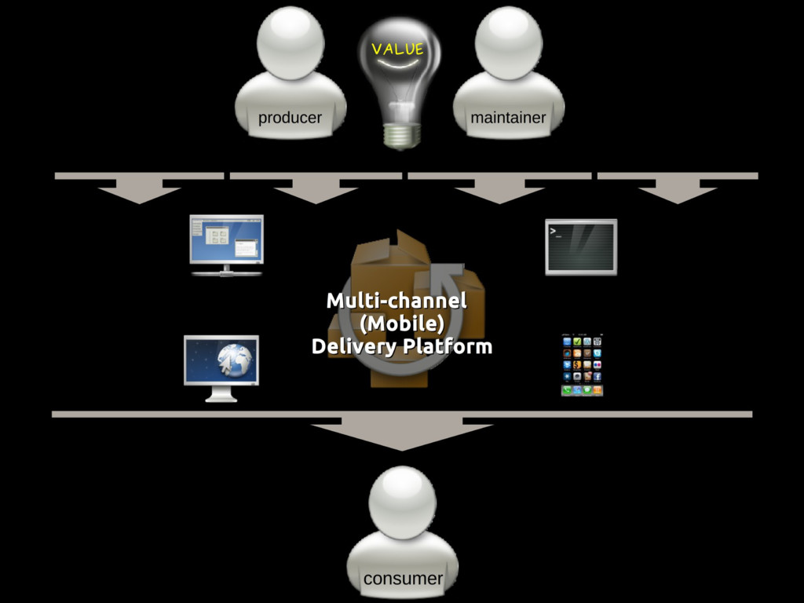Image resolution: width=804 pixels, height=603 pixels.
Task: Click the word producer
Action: (x=290, y=118)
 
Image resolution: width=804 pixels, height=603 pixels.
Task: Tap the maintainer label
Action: (x=508, y=118)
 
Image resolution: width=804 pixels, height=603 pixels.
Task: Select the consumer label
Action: (x=403, y=579)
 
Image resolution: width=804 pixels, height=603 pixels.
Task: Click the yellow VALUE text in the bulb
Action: (x=397, y=49)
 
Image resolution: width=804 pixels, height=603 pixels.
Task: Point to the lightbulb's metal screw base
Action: (x=401, y=134)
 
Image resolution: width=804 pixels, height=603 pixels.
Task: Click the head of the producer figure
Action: (x=291, y=42)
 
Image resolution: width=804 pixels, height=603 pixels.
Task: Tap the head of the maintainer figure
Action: (x=508, y=42)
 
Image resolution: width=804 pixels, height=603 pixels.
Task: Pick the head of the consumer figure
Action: (x=402, y=502)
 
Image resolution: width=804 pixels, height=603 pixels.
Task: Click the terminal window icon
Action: (x=581, y=247)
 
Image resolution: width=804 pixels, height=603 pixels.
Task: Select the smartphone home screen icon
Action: (x=582, y=365)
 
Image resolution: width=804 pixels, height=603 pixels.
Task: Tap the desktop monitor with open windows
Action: (x=226, y=244)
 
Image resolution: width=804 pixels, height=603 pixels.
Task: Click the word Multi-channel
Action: (x=397, y=300)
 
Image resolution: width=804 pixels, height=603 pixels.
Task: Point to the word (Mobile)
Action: (x=401, y=323)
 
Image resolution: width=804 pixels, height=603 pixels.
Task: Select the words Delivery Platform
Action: (x=401, y=346)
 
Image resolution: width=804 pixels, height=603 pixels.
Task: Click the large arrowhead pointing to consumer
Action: (x=401, y=436)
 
